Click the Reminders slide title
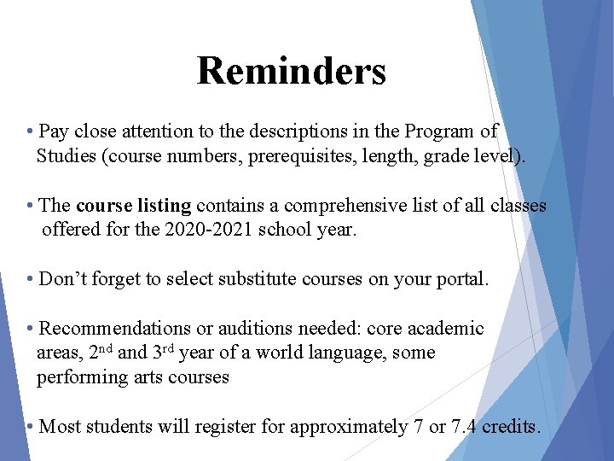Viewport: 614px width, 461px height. tap(291, 71)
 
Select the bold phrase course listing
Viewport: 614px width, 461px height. tap(133, 206)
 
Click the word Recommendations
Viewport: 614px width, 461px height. tap(115, 329)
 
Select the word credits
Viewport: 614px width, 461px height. tap(510, 426)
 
